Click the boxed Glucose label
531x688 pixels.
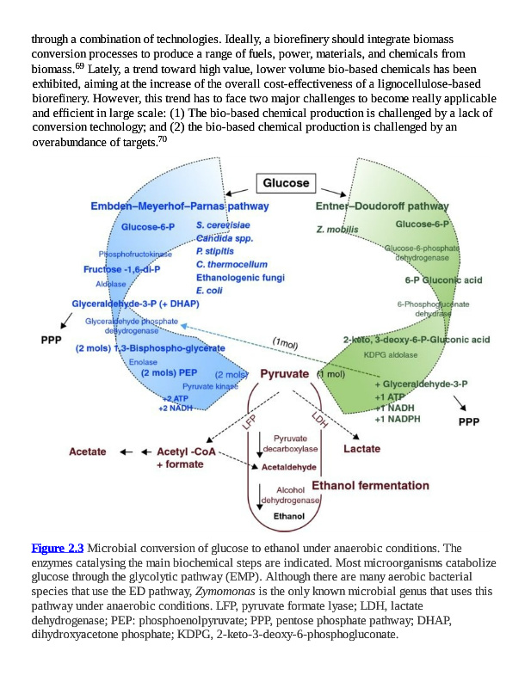pos(286,183)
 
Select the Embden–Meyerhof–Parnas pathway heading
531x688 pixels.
pos(179,206)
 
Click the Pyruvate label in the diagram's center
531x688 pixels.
pos(284,374)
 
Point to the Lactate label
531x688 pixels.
pos(361,448)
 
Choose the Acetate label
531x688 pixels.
pos(88,451)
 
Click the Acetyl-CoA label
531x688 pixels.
pos(185,451)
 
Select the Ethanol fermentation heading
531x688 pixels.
pos(370,486)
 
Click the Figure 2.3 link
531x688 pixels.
pos(58,548)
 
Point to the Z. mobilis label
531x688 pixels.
pos(337,230)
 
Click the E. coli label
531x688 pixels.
pos(209,290)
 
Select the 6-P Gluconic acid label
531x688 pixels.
pos(442,279)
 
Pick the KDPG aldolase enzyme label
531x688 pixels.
pos(392,353)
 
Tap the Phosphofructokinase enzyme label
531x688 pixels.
pos(134,255)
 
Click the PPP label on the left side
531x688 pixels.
pos(51,340)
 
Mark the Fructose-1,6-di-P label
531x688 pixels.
pos(121,269)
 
